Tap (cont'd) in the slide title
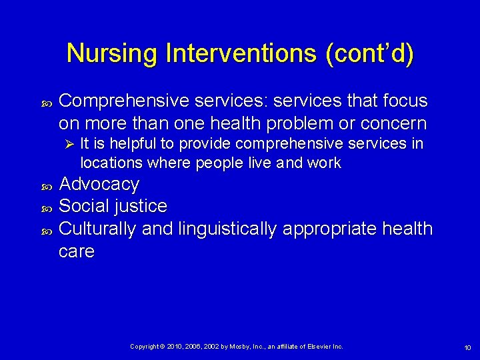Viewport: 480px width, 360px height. (x=369, y=53)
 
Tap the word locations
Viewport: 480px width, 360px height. (x=109, y=163)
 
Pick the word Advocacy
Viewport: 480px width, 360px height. (x=99, y=184)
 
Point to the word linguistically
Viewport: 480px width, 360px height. (x=227, y=229)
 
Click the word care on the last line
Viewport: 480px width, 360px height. (x=76, y=251)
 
